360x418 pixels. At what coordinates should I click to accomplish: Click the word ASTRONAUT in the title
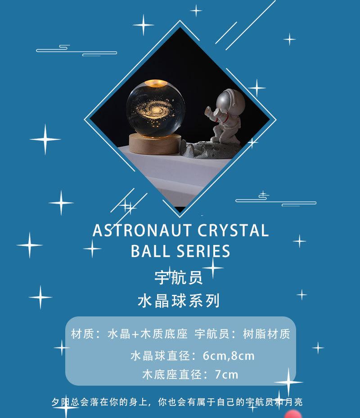coord(142,230)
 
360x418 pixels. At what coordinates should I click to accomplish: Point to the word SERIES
coord(203,251)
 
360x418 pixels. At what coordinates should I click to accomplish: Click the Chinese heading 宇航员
coord(179,277)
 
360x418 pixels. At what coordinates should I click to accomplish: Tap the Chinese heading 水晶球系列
coord(179,301)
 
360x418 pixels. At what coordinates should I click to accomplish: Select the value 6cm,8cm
coord(229,356)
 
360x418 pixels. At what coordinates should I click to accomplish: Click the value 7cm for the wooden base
coord(226,374)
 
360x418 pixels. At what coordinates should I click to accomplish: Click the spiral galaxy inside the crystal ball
coord(155,109)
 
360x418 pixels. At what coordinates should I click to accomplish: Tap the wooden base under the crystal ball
coord(155,144)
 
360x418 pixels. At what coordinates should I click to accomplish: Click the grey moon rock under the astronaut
coord(211,150)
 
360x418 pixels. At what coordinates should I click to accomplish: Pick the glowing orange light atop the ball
coord(157,84)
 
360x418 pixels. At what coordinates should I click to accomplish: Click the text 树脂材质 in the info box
coord(266,334)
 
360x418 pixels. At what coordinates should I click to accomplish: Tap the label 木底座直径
coord(172,374)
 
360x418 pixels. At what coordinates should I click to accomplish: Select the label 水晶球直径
coord(160,356)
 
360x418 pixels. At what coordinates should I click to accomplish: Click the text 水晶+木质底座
coord(148,334)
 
